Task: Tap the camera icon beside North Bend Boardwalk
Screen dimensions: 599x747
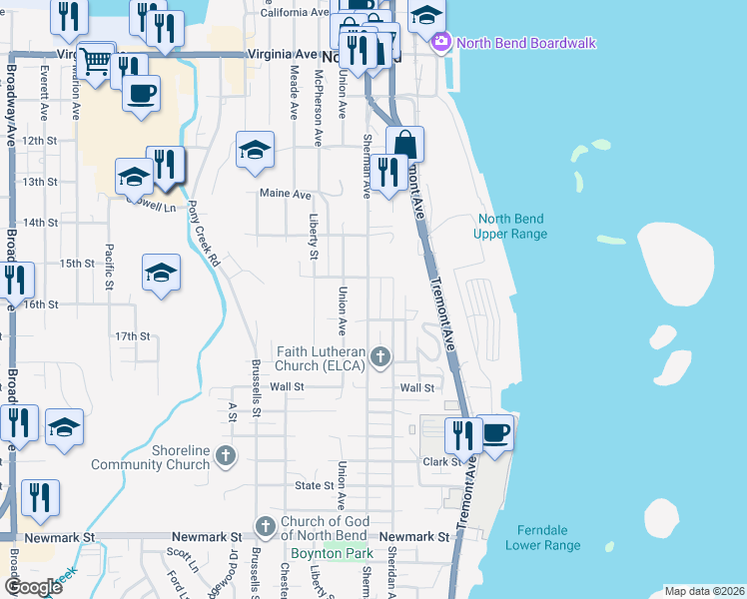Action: (439, 43)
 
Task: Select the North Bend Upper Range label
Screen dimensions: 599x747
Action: (512, 227)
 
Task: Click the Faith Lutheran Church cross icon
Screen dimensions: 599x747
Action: (379, 356)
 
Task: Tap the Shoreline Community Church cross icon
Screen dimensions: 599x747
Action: (226, 457)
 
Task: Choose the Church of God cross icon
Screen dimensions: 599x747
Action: (266, 526)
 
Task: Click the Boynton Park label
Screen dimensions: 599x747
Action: (332, 553)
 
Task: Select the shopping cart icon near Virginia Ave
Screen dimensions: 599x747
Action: (95, 62)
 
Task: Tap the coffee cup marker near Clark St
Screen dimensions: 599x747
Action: (494, 433)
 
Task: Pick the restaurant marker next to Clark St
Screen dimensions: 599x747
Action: (462, 433)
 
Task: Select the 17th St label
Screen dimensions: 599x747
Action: (131, 336)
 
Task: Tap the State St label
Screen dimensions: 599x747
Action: (313, 485)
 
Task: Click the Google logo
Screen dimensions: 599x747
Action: (33, 586)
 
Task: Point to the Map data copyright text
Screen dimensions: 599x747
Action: (702, 591)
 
